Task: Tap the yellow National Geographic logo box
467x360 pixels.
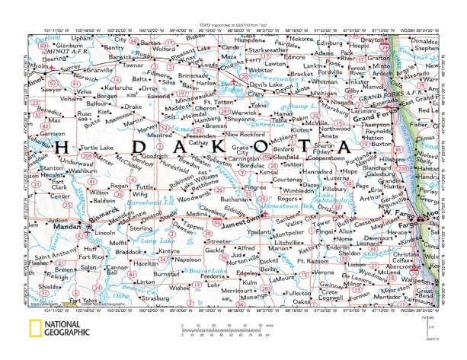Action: pos(35,328)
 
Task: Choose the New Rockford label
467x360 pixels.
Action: pos(248,134)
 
